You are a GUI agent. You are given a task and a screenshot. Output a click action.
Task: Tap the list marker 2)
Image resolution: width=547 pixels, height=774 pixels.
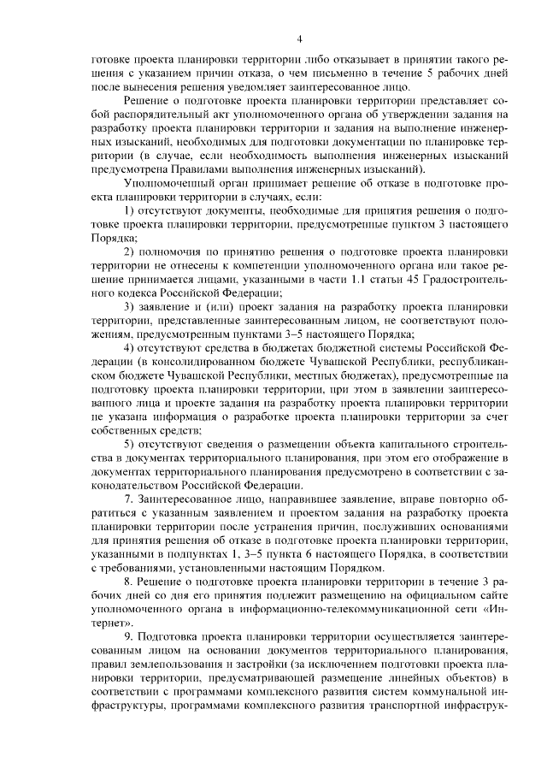click(x=131, y=251)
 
